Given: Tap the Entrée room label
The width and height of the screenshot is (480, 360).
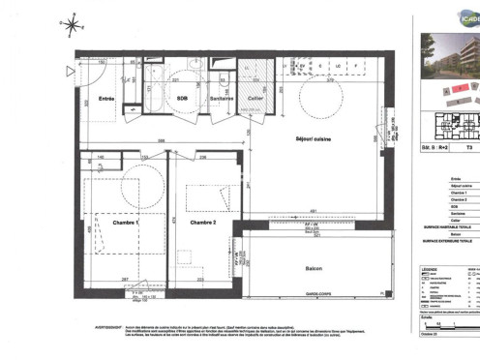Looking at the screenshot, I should (x=106, y=98).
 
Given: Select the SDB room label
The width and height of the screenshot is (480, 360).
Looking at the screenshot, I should (x=180, y=98).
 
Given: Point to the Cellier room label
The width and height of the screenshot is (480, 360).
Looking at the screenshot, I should (x=255, y=98).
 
